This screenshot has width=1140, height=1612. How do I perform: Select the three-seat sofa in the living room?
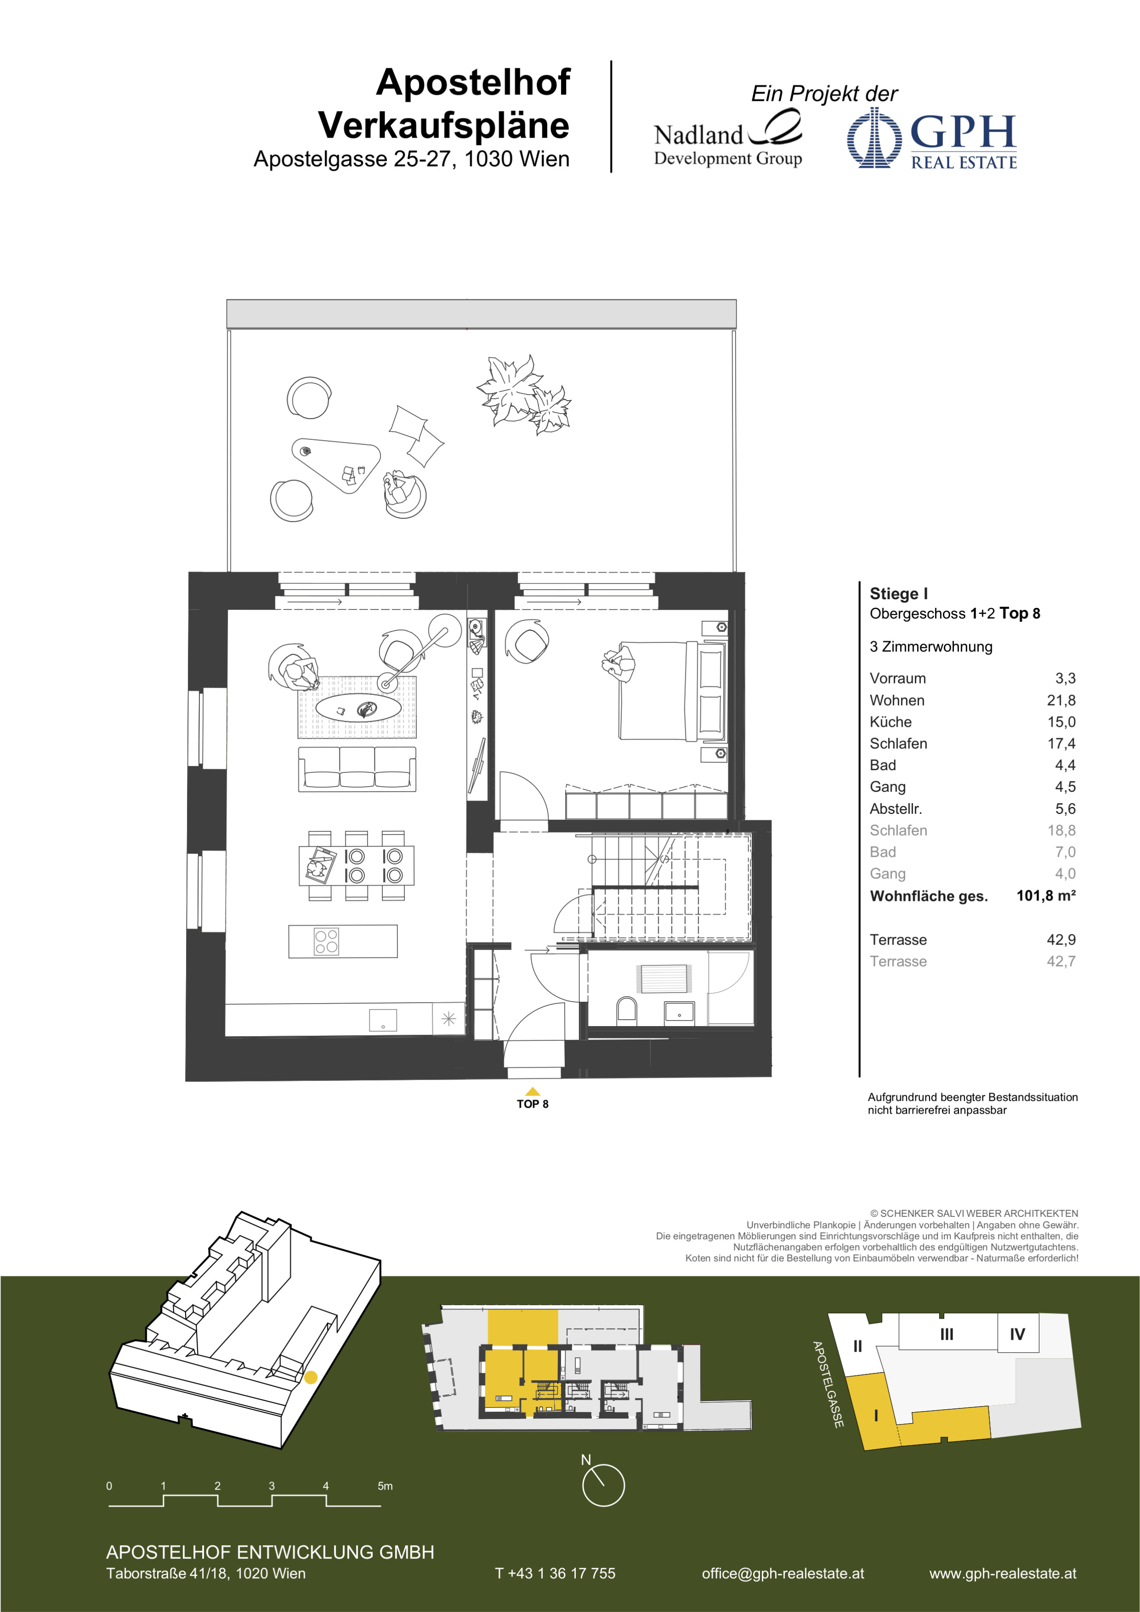357,769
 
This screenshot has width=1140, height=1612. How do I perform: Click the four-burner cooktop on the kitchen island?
327,941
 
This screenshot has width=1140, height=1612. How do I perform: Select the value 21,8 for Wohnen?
1061,700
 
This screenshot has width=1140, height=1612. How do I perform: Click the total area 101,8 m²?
1046,895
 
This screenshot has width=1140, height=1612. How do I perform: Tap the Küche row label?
890,722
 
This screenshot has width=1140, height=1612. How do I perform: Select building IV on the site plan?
1017,1334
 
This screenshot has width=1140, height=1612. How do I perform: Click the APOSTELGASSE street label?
828,1384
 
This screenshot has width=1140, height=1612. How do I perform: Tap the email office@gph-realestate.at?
783,1573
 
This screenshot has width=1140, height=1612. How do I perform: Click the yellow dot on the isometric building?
310,1378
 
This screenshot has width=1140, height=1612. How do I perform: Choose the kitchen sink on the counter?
383,1020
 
